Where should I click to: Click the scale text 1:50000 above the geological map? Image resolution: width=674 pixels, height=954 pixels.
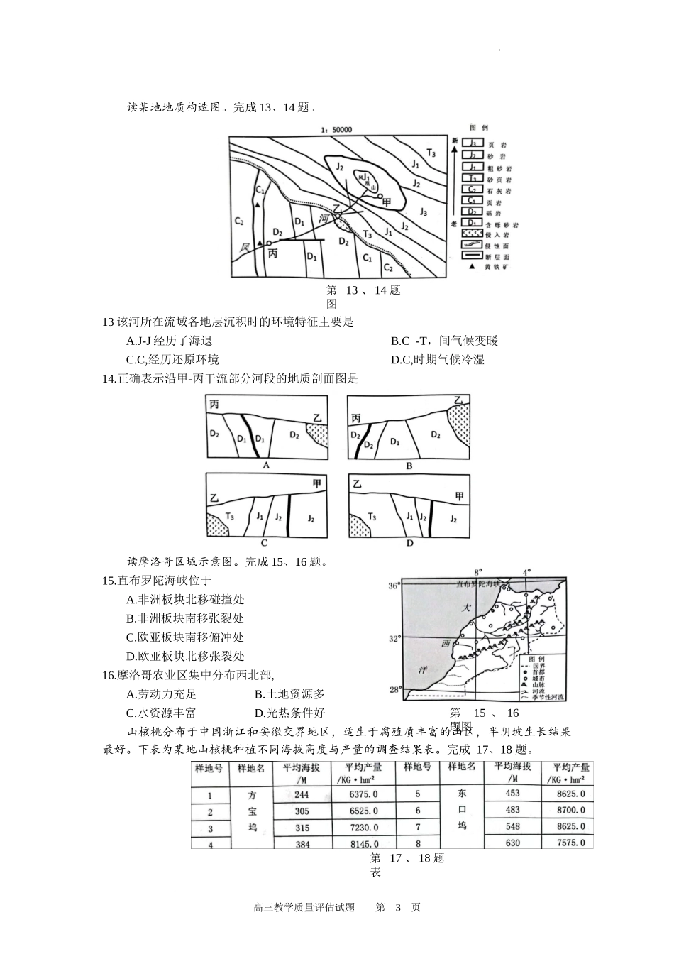[x=337, y=130]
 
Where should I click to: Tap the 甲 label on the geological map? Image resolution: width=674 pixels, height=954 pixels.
[x=387, y=203]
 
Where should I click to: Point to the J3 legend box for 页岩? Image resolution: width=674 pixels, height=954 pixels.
[x=472, y=143]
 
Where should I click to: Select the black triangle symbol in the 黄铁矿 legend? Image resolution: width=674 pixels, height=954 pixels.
[x=472, y=266]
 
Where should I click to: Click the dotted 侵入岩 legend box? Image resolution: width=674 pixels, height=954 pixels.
[x=472, y=232]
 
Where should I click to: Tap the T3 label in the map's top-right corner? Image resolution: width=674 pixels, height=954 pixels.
[x=431, y=152]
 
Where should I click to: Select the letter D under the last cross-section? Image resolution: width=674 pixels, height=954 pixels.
[x=409, y=543]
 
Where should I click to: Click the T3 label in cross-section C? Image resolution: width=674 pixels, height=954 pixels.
[x=230, y=515]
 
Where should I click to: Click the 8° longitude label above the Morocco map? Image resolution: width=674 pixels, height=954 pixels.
[x=477, y=571]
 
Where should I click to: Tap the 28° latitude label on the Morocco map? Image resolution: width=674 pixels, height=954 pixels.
[x=394, y=689]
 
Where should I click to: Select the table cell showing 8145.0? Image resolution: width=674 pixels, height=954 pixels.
[x=363, y=844]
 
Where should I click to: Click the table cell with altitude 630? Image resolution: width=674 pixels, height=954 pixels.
[x=512, y=843]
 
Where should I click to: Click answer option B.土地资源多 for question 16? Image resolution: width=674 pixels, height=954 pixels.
[x=289, y=693]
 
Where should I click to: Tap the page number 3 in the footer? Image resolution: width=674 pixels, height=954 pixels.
[x=398, y=907]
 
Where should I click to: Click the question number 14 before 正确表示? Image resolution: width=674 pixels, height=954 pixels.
[x=109, y=378]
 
